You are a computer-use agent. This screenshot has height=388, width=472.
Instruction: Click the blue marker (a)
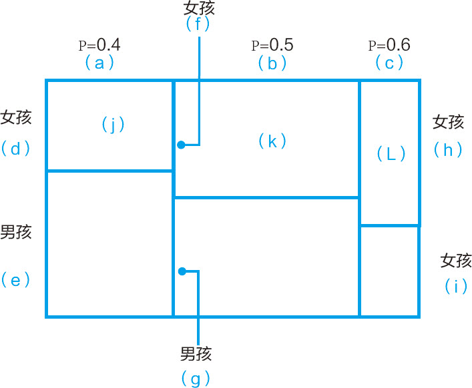[x=99, y=63]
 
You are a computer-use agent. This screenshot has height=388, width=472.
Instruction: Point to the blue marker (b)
[x=272, y=63]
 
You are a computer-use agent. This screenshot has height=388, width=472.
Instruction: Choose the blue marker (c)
[x=389, y=63]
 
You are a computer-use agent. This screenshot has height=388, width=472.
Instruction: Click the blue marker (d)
[x=16, y=148]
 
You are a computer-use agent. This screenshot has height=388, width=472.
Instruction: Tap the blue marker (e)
[x=16, y=280]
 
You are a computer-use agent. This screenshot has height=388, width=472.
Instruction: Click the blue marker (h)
[x=448, y=150]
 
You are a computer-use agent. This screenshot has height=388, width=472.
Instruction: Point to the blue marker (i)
[x=456, y=287]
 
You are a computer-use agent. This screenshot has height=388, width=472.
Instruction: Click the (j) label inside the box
[x=113, y=124]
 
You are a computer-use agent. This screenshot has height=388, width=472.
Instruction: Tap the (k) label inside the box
[x=272, y=141]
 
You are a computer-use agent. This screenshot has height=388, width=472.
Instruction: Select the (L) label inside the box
[x=391, y=154]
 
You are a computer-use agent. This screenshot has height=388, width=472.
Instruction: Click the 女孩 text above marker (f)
[x=199, y=7]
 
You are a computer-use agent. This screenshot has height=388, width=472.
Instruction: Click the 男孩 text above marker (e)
[x=16, y=232]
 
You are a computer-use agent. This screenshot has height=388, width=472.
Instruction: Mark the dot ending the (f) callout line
[x=181, y=145]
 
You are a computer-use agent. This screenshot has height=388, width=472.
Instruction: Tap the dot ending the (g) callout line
[x=181, y=271]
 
